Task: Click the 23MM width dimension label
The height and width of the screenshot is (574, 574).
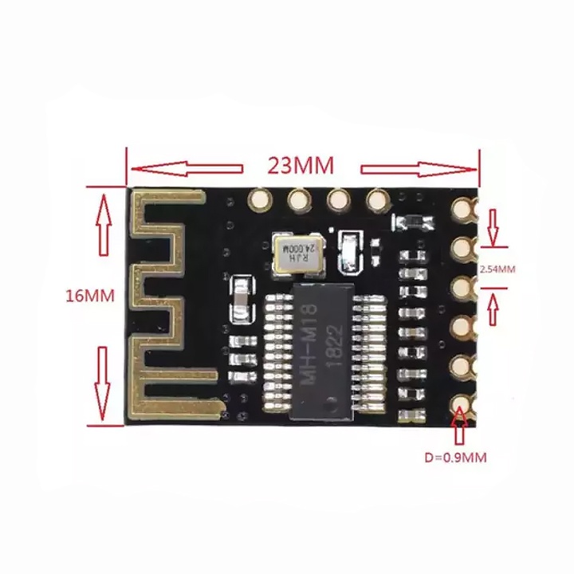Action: tap(301, 166)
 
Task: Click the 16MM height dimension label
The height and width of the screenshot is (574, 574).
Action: tap(89, 296)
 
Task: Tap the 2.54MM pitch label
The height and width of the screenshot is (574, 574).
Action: tap(497, 269)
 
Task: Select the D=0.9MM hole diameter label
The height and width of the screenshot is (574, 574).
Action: tap(456, 458)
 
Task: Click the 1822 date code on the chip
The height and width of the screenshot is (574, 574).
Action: tap(336, 344)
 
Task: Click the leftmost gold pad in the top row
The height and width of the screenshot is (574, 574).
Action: tap(260, 200)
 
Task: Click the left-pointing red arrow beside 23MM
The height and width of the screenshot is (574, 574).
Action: tap(187, 168)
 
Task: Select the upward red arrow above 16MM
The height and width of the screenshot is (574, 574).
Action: tap(104, 224)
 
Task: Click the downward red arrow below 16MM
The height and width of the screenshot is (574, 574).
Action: tap(103, 383)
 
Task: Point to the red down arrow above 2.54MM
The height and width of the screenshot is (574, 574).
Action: tap(493, 227)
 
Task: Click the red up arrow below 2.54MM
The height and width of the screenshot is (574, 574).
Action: tap(493, 309)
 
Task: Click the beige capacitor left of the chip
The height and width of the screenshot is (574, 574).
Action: tap(240, 297)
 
